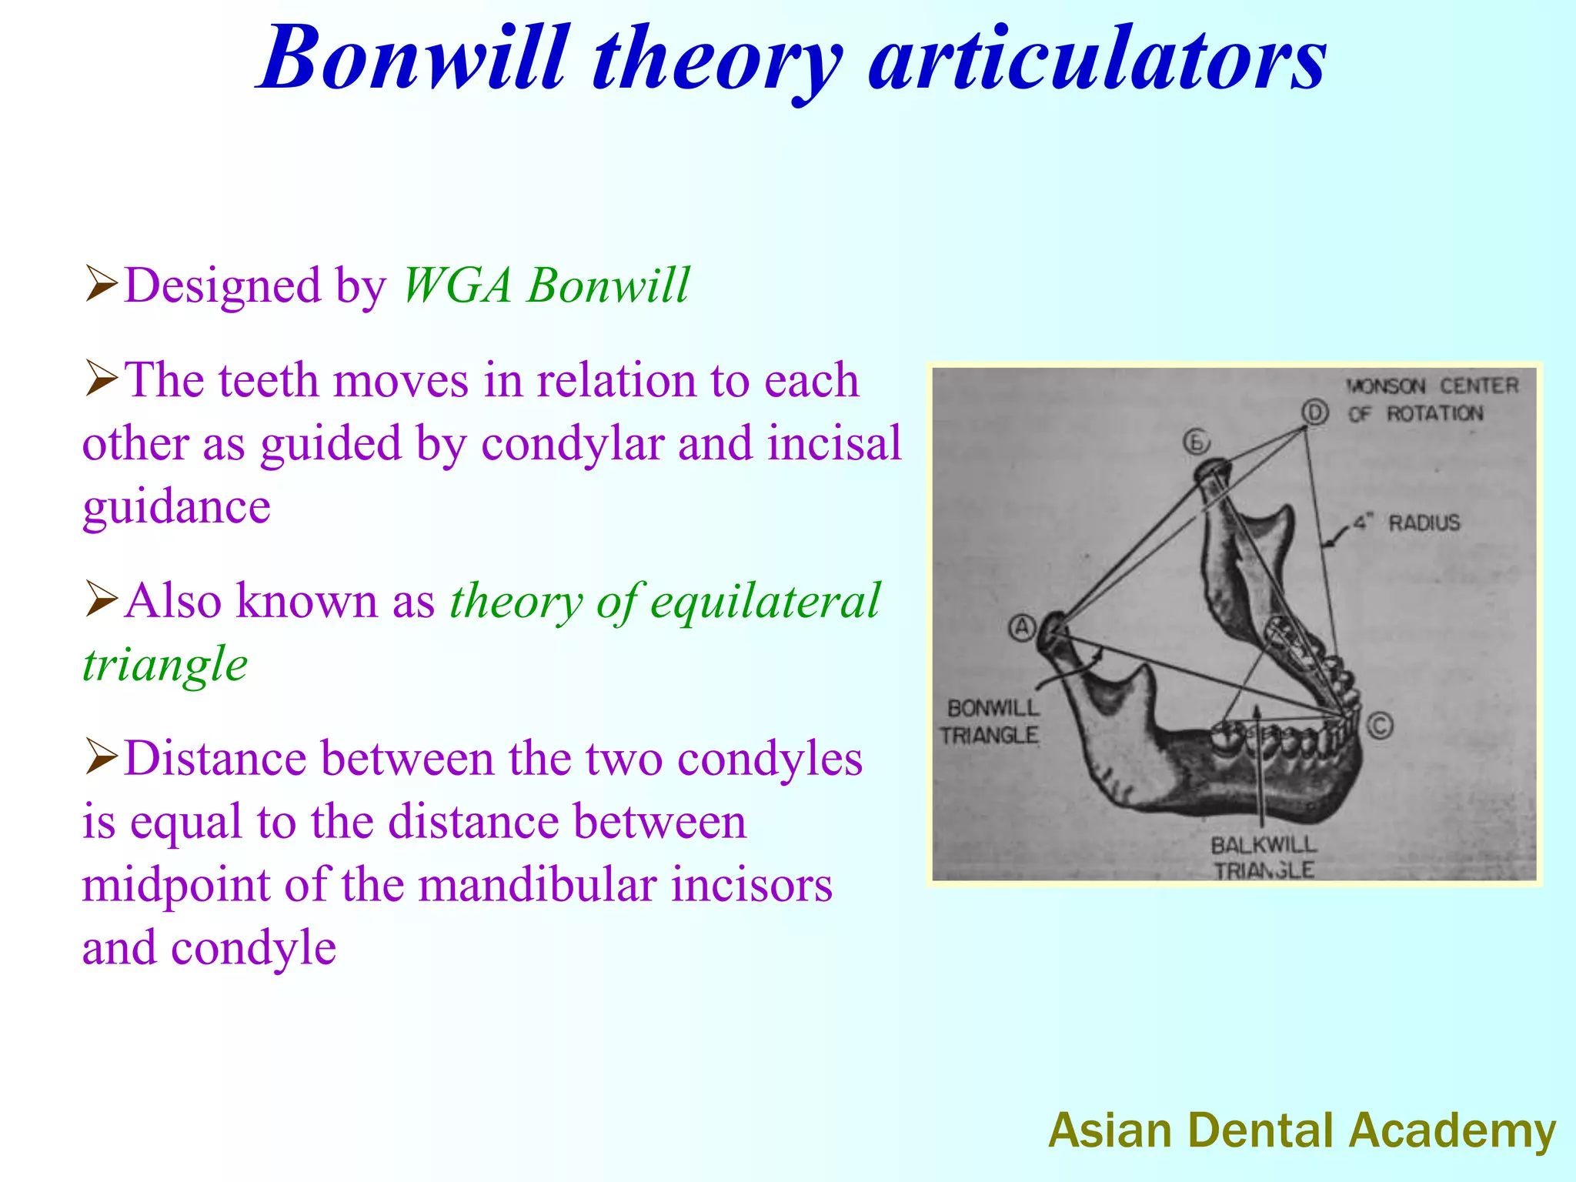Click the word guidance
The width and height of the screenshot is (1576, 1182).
point(176,508)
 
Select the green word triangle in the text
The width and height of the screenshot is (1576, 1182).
point(165,665)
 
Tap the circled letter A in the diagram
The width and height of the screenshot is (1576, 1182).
point(1022,628)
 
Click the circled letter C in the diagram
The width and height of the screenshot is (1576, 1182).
point(1380,726)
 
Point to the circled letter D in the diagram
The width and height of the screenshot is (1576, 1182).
point(1315,413)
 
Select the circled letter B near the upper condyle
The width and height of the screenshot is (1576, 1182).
point(1196,442)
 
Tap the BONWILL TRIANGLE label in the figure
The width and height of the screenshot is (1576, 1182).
point(991,721)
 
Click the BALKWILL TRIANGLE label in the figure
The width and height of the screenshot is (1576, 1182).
point(1263,857)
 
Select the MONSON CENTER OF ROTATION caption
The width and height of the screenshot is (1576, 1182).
point(1432,399)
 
